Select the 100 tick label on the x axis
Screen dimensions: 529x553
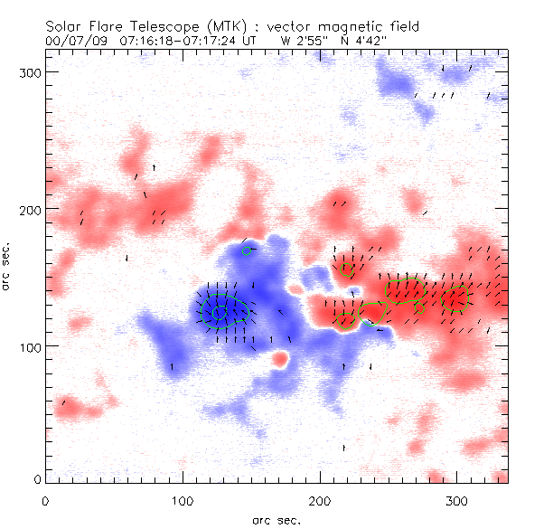(182, 500)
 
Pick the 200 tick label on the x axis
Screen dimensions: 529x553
(319, 500)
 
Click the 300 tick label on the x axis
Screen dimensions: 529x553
(456, 500)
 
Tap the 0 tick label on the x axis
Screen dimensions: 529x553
(45, 500)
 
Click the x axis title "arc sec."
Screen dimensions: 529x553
(276, 519)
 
